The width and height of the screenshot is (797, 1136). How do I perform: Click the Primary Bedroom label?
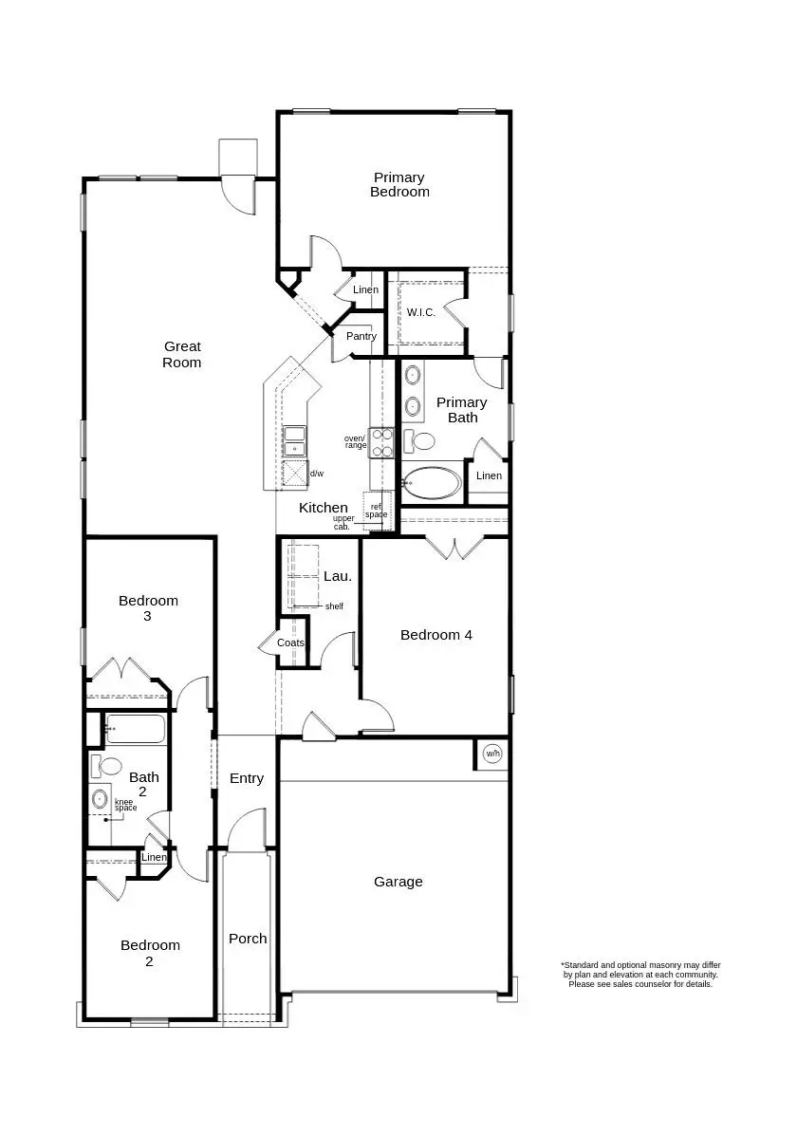tap(399, 184)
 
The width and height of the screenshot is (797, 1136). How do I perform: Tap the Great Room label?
tap(181, 354)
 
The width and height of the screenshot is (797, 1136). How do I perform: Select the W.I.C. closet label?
tap(421, 312)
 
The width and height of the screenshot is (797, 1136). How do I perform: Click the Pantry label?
tap(361, 336)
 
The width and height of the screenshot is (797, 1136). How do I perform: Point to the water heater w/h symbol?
tap(491, 754)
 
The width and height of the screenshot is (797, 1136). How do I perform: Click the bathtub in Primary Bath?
tap(433, 483)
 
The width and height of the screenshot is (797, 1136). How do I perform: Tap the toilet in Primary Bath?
tap(419, 440)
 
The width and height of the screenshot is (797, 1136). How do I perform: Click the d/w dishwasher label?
tap(317, 473)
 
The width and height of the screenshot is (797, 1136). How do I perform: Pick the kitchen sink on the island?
tap(295, 441)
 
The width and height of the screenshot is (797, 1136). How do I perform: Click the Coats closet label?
tap(290, 642)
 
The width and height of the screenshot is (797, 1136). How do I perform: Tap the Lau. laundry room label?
tap(338, 575)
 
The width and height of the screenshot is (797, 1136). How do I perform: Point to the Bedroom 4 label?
tap(436, 635)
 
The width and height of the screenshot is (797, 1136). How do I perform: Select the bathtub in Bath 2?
tap(136, 730)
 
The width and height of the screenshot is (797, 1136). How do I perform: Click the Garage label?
tap(398, 882)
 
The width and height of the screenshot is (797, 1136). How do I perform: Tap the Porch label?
tap(248, 939)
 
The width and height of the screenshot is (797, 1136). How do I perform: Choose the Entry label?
tap(247, 778)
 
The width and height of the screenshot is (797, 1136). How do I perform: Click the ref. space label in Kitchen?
tap(377, 510)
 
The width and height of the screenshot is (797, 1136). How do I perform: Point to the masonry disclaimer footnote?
tap(640, 975)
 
